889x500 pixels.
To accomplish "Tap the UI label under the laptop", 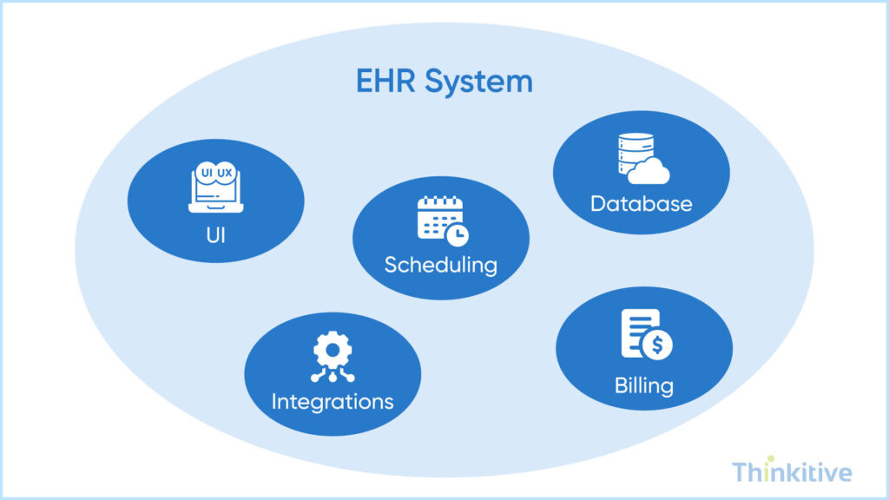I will coord(215,234).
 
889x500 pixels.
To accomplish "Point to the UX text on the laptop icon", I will coord(224,174).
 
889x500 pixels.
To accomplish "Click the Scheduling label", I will coord(441,264).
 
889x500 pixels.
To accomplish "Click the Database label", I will coord(642,204).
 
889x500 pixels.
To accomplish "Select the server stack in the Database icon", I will coord(633,156).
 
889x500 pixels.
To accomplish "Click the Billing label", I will coord(643,384).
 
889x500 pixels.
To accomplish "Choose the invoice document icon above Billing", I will coord(641,334).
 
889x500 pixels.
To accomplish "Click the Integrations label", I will coord(333,401).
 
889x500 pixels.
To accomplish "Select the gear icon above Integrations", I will coord(332,352).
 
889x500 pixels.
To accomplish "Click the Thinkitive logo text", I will coord(791,472).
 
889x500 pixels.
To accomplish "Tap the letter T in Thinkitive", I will coord(740,472).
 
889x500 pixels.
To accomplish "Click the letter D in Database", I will coord(598,204).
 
